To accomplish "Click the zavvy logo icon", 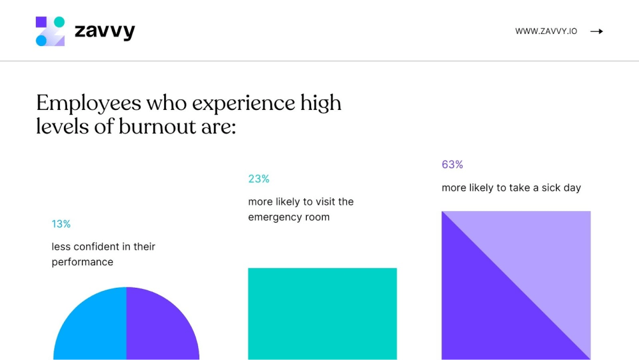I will tap(50, 31).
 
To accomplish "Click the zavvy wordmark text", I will tap(105, 31).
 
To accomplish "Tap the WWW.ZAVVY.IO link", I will tap(546, 31).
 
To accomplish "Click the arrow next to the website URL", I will tap(596, 31).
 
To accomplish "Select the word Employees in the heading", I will tap(88, 103).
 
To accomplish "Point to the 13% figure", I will tap(61, 224).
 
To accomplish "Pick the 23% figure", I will tap(259, 179).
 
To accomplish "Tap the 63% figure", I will tap(452, 165).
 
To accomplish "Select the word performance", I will tap(82, 262).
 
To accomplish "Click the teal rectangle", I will tap(322, 313).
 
